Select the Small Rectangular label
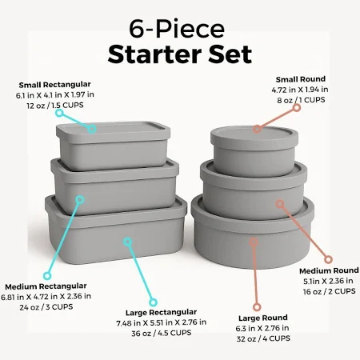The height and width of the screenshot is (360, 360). [54, 85]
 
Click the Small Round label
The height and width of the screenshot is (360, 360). [301, 79]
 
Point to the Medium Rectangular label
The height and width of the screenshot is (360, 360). [46, 286]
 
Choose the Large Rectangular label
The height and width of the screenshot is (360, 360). [161, 313]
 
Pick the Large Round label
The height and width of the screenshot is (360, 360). [263, 318]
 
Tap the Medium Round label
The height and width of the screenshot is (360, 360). [329, 270]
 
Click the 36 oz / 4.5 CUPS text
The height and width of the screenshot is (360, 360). [162, 333]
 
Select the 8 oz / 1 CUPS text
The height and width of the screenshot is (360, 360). [301, 100]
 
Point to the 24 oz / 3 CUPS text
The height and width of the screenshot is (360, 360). [46, 307]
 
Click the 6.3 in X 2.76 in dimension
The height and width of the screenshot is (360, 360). [262, 328]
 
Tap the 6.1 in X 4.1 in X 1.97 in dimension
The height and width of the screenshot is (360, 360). [55, 95]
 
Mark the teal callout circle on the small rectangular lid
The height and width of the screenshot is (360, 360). [92, 129]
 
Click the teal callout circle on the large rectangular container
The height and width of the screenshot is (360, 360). [128, 242]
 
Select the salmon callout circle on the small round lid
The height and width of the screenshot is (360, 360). [257, 129]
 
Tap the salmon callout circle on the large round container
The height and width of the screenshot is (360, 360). [254, 242]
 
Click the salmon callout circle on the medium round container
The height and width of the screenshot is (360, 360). [279, 204]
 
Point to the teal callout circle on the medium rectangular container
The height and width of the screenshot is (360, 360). [80, 199]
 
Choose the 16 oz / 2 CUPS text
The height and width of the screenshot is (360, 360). [329, 291]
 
